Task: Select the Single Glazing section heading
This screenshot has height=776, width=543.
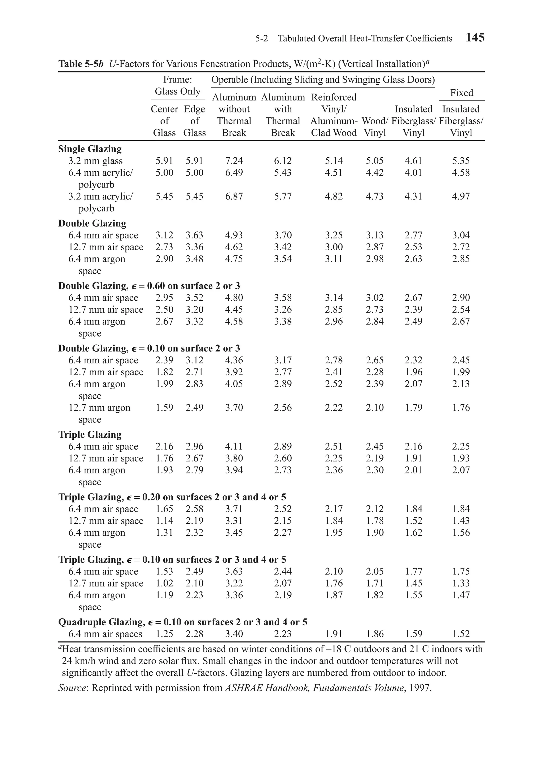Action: [90, 149]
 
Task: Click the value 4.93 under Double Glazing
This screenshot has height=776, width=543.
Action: [234, 235]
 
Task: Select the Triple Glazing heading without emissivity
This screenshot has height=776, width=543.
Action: [90, 434]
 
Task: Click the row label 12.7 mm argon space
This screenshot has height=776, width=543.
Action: [99, 408]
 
